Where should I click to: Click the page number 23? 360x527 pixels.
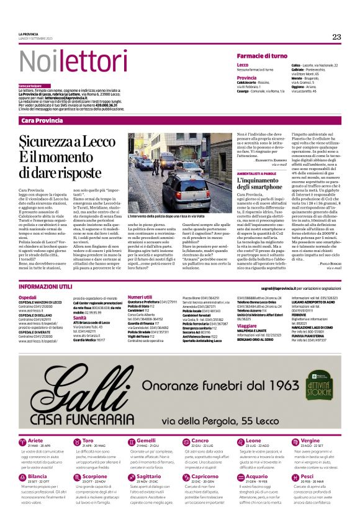(x=336, y=37)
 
